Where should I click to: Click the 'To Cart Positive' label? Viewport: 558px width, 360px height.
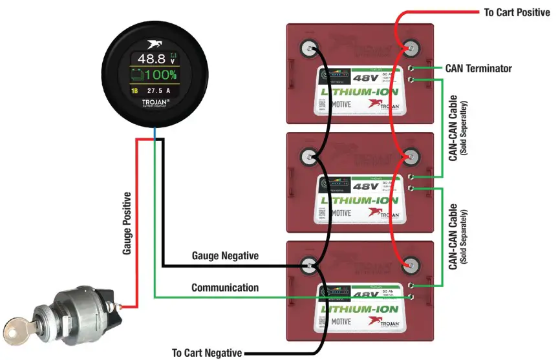517,12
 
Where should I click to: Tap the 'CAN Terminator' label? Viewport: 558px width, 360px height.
478,68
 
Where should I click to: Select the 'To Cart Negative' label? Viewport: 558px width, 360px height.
206,353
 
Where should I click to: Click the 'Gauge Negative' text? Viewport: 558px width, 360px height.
225,256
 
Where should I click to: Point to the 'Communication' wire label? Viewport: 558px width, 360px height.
225,288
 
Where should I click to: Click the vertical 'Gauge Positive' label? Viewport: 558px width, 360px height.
127,223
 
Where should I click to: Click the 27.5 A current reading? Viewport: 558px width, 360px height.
162,91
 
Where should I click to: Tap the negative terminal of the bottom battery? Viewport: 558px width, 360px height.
309,264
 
